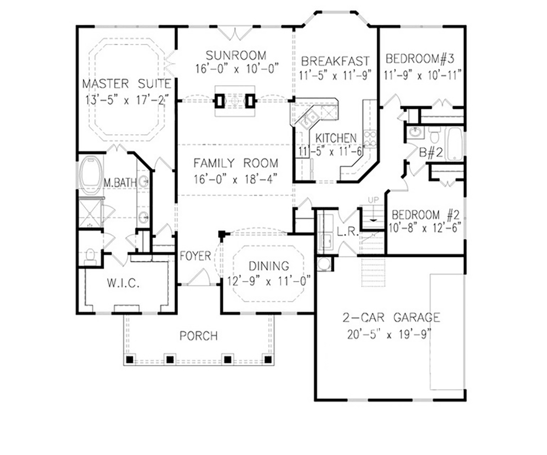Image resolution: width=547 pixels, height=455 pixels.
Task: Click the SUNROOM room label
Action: click(x=236, y=56)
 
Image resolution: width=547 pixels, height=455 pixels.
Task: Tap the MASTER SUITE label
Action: click(x=127, y=84)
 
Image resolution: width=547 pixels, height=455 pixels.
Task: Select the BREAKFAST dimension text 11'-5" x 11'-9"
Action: click(x=335, y=75)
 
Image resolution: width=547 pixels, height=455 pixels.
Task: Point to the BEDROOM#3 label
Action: click(x=420, y=59)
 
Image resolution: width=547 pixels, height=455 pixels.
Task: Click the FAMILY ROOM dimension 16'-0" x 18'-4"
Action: click(x=235, y=180)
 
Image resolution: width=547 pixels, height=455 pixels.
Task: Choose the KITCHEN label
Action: click(x=336, y=138)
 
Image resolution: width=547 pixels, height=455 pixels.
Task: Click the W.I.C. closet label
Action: click(x=123, y=283)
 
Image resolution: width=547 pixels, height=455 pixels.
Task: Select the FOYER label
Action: click(x=195, y=256)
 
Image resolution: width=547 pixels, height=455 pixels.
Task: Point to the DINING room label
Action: click(x=269, y=266)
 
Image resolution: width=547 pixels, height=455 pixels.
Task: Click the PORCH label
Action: click(x=199, y=336)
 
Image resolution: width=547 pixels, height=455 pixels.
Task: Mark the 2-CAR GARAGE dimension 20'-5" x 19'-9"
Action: click(x=389, y=335)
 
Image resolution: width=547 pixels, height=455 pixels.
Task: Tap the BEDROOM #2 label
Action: click(x=425, y=215)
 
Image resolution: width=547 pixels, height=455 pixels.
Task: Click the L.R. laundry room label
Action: click(x=348, y=232)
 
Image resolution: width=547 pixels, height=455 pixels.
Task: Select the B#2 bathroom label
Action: click(x=431, y=152)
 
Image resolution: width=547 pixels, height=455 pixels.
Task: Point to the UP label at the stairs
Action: click(x=373, y=200)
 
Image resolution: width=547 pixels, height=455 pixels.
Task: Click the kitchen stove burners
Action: click(x=370, y=139)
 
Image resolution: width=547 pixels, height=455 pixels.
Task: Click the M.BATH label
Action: click(x=120, y=183)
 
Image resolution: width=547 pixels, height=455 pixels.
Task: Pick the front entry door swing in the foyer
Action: click(x=200, y=277)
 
